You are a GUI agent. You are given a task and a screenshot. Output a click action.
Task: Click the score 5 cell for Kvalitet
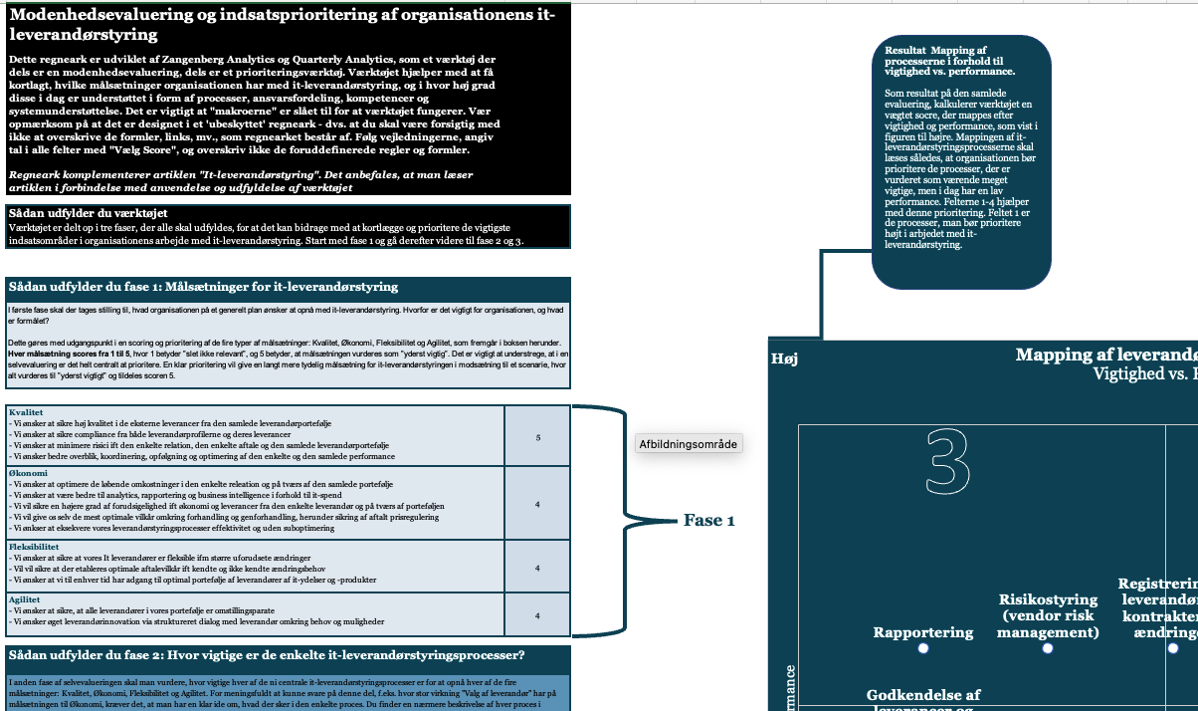coord(538,437)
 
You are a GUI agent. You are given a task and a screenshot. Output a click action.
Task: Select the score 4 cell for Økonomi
coord(538,505)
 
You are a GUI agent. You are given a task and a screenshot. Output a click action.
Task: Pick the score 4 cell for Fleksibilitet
coord(538,569)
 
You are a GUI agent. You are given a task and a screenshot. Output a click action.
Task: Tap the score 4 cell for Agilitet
coord(538,615)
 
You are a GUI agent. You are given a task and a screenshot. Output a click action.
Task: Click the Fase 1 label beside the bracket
coord(708,520)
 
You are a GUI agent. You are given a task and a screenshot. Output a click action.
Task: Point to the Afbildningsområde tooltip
coord(689,444)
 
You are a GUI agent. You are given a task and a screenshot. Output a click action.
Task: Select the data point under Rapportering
coord(923,648)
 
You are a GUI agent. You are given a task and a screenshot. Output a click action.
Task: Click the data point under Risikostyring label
coord(1048,648)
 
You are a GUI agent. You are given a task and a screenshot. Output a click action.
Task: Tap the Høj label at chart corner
coord(784,358)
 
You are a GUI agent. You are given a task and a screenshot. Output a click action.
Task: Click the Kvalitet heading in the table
coord(27,411)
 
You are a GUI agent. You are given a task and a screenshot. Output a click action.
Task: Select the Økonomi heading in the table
coord(28,473)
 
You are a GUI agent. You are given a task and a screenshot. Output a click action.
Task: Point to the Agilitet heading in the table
coord(26,599)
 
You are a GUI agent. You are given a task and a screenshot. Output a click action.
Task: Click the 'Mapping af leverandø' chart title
coord(1105,355)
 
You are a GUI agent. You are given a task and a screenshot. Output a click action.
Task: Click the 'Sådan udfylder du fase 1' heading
coord(203,287)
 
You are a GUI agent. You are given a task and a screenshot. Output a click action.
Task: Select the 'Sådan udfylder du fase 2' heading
coord(266,655)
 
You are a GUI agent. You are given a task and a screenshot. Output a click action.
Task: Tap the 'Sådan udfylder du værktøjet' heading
coord(88,213)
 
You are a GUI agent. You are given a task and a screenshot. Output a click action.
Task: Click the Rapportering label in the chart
coord(923,632)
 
